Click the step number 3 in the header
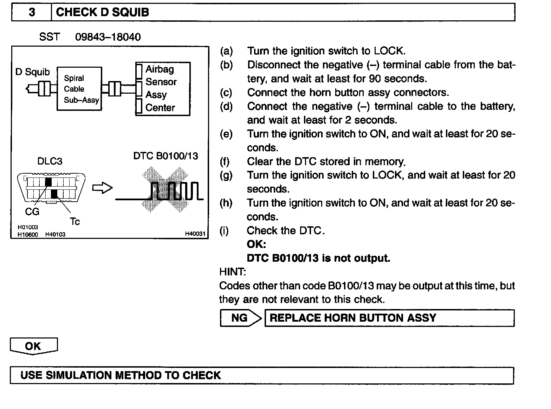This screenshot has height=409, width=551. (x=32, y=12)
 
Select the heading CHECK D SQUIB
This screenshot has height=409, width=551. (x=102, y=12)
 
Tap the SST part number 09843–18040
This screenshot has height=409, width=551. (x=108, y=37)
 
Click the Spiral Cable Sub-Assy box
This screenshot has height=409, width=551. (x=79, y=89)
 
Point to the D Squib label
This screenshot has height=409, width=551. (x=32, y=72)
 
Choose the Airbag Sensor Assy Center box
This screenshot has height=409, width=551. (x=163, y=89)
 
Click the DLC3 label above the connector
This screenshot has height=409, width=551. (x=50, y=161)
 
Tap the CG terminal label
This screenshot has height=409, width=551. (x=32, y=212)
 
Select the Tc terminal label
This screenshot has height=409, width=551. (x=74, y=222)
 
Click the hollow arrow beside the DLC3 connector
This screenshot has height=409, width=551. (x=102, y=188)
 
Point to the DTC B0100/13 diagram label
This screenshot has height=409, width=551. (x=166, y=156)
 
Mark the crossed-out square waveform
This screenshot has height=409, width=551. (x=165, y=189)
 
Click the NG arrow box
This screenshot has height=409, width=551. (x=240, y=318)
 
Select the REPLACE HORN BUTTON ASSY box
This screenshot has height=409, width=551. (x=389, y=318)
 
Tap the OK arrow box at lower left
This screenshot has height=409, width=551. (x=33, y=346)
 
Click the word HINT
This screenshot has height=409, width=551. (x=232, y=272)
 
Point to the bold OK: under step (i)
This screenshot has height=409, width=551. (x=256, y=244)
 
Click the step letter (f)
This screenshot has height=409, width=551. (x=225, y=161)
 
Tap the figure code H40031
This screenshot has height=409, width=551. (x=195, y=234)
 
